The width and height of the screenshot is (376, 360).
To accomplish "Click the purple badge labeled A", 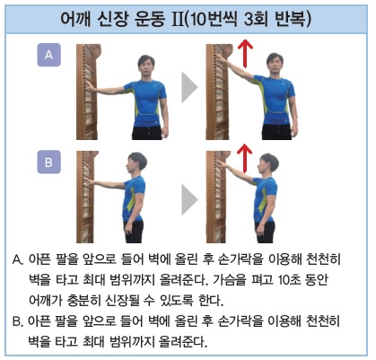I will click(x=49, y=57).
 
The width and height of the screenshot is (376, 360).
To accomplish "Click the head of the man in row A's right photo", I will click(x=283, y=65).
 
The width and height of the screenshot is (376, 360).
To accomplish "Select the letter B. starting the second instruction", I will click(x=19, y=320).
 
